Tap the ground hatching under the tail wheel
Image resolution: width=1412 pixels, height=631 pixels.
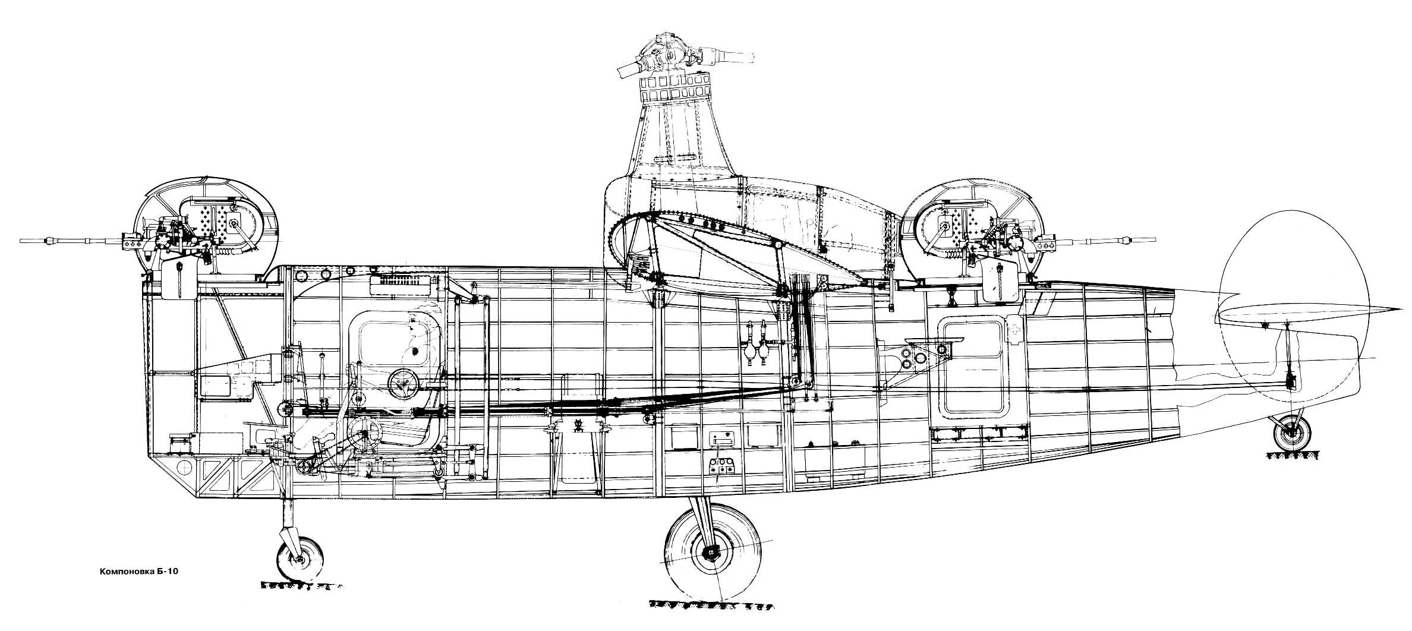coord(1290,456)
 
